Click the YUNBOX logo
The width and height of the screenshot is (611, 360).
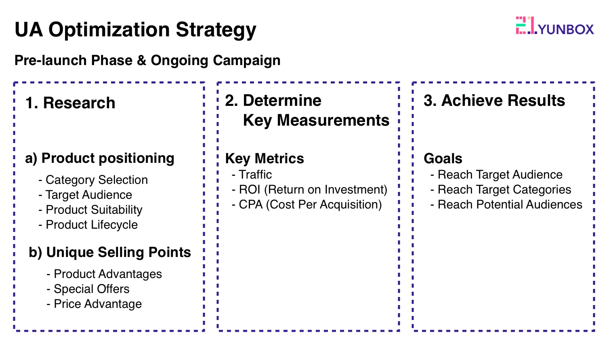click(x=554, y=25)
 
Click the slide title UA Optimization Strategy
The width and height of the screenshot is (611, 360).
click(x=135, y=30)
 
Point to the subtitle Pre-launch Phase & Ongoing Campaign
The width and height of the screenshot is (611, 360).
click(x=147, y=61)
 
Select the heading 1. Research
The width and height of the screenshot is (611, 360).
click(x=70, y=103)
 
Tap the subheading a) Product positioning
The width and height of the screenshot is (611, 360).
click(x=100, y=158)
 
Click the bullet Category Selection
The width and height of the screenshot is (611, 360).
click(x=93, y=180)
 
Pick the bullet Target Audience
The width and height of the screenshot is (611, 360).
click(x=85, y=195)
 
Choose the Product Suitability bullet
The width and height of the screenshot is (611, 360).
click(x=90, y=210)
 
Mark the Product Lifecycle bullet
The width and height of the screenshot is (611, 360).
click(x=88, y=225)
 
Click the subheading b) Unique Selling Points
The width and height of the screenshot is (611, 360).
click(x=110, y=252)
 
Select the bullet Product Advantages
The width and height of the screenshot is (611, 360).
click(x=104, y=274)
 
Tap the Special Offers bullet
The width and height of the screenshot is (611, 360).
click(x=88, y=289)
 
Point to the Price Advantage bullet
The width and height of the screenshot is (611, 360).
click(x=94, y=304)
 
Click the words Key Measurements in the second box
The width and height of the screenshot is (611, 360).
click(x=316, y=121)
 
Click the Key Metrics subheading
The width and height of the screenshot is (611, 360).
click(x=265, y=158)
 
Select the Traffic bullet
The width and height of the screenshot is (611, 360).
click(x=252, y=175)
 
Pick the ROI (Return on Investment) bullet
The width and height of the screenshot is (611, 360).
click(x=310, y=189)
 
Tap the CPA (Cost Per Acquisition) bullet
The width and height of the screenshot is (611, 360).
click(x=307, y=205)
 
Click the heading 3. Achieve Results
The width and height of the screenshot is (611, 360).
click(x=494, y=101)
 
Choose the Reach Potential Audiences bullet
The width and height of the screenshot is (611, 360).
click(x=506, y=205)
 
